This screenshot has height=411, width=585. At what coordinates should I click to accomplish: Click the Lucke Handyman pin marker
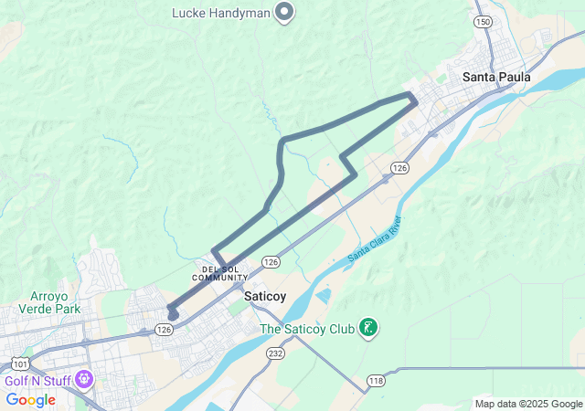pyautogui.click(x=283, y=12)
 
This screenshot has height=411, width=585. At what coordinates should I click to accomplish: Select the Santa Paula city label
pyautogui.click(x=496, y=77)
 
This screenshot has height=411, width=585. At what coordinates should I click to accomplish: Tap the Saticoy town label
pyautogui.click(x=265, y=296)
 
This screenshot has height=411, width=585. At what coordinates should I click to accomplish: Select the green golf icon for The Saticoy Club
pyautogui.click(x=368, y=327)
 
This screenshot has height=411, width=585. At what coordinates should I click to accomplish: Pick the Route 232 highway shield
pyautogui.click(x=275, y=352)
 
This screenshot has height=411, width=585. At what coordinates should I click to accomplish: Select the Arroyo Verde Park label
pyautogui.click(x=56, y=302)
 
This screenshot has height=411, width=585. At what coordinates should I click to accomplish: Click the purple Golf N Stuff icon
pyautogui.click(x=85, y=377)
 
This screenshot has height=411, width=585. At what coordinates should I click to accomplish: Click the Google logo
pyautogui.click(x=30, y=400)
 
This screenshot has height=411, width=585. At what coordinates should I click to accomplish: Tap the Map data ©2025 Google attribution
pyautogui.click(x=527, y=404)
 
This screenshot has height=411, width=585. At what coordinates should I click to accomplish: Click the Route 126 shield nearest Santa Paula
pyautogui.click(x=399, y=168)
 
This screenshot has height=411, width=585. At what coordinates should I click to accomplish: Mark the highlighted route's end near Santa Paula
pyautogui.click(x=414, y=99)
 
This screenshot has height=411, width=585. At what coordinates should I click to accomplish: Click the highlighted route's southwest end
pyautogui.click(x=172, y=315)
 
